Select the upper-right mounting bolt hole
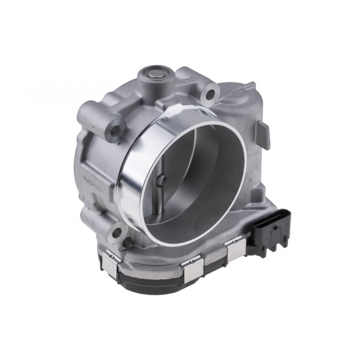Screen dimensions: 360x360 tap(209, 94)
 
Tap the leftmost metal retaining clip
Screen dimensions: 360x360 tap(113, 259)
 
